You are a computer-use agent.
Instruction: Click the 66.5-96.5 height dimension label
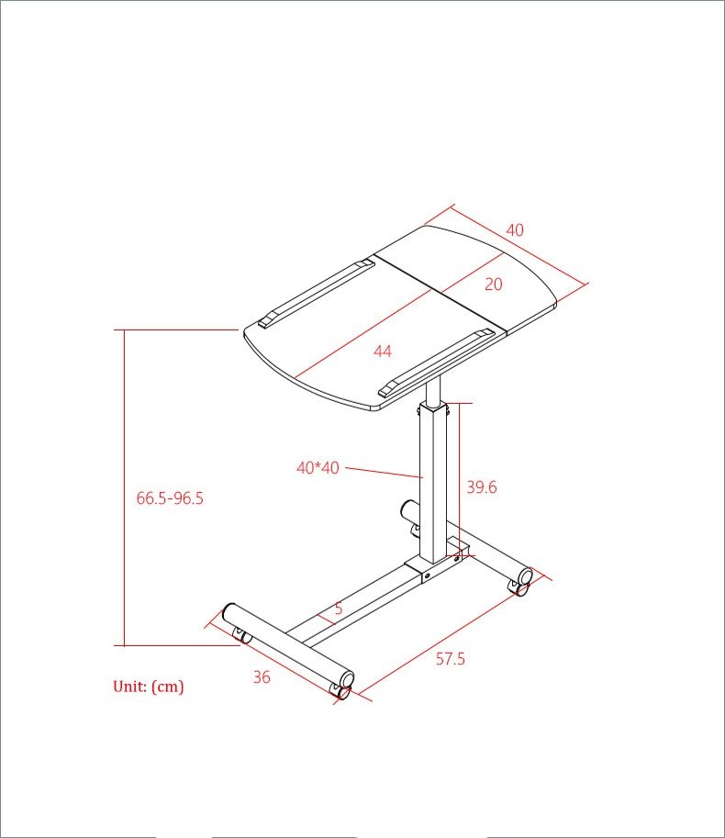click(170, 498)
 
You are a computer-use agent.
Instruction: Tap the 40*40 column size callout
click(318, 467)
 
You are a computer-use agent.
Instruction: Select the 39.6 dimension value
click(481, 487)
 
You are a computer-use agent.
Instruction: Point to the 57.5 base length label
click(450, 659)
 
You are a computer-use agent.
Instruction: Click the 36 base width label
click(262, 677)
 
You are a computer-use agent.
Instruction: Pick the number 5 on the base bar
click(338, 608)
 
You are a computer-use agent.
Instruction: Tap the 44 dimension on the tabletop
click(383, 351)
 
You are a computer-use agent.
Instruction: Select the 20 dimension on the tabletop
click(493, 285)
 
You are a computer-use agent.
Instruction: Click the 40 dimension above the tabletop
click(515, 230)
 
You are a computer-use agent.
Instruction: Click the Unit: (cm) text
click(148, 687)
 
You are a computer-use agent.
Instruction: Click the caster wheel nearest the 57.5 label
click(341, 691)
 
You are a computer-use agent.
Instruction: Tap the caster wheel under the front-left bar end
click(241, 635)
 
